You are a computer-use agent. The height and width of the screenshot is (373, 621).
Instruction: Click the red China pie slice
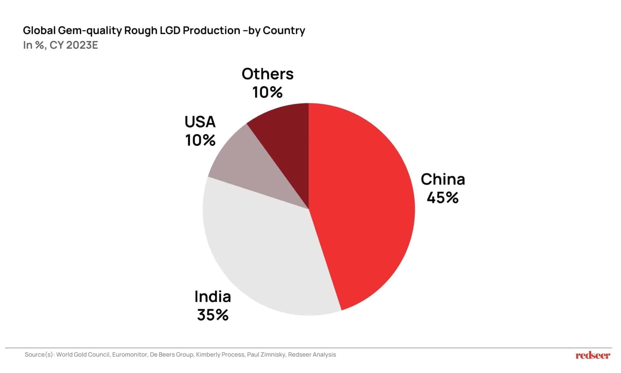click(x=364, y=206)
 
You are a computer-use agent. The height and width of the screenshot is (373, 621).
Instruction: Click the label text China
click(x=443, y=179)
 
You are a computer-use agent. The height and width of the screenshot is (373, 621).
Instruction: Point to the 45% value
click(x=443, y=198)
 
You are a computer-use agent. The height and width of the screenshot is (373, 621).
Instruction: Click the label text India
click(x=213, y=297)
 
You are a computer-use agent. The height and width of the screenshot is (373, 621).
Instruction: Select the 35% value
click(x=213, y=315)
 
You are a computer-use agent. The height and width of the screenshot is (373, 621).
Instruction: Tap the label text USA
click(x=200, y=122)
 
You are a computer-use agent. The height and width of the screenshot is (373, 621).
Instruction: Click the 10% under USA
click(x=200, y=140)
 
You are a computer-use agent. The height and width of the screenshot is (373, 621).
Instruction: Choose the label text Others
click(x=267, y=74)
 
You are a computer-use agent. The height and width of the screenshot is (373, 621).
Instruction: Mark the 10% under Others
click(x=267, y=92)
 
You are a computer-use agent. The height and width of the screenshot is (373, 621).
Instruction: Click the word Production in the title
click(x=211, y=30)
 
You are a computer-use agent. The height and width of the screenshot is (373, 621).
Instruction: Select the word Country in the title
click(x=284, y=30)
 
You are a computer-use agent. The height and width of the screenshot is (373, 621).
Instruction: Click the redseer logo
click(x=593, y=355)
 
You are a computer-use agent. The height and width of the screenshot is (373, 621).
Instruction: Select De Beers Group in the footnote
click(x=172, y=354)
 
